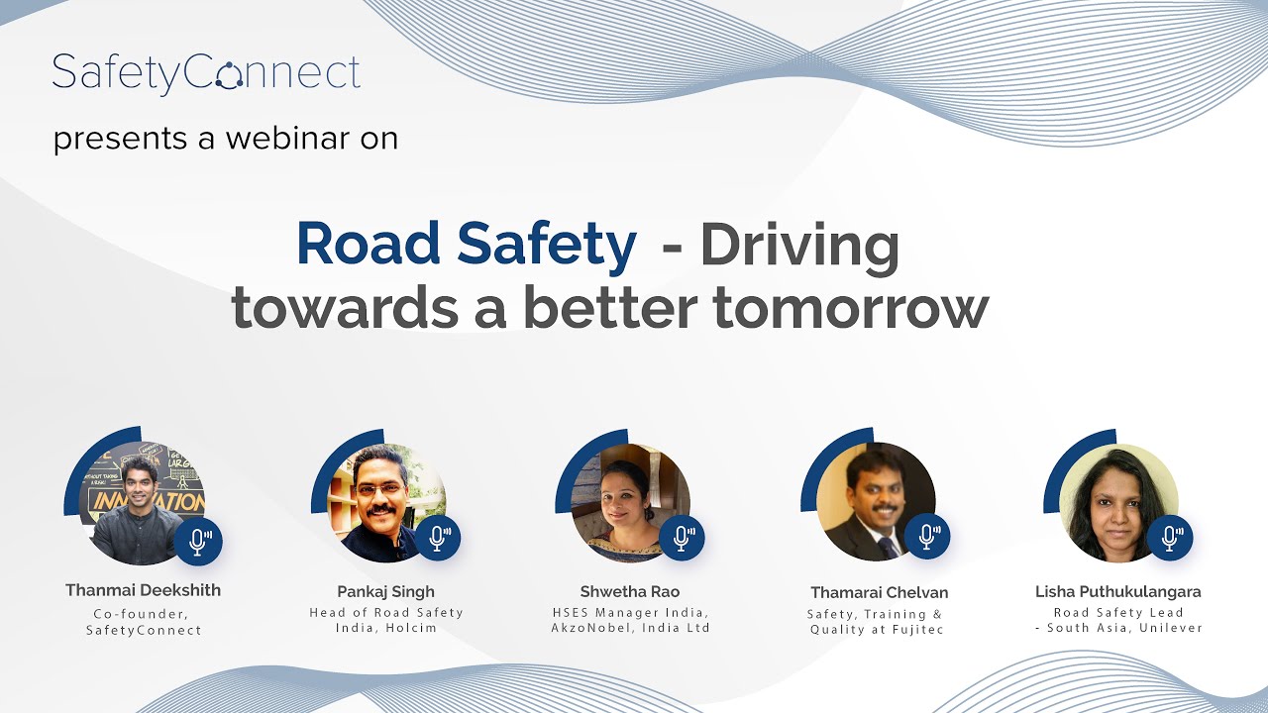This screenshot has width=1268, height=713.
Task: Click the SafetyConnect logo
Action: pyautogui.click(x=206, y=74)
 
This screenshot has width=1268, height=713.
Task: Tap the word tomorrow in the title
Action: pyautogui.click(x=850, y=308)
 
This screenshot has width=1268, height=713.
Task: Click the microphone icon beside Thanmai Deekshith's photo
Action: pyautogui.click(x=198, y=540)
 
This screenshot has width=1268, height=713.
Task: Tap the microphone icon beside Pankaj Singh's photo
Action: pyautogui.click(x=437, y=538)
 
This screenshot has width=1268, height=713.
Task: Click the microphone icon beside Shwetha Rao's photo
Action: pyautogui.click(x=682, y=538)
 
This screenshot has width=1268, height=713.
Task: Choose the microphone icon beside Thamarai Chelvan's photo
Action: pyautogui.click(x=927, y=537)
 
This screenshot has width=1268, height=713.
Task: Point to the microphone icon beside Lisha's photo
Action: pyautogui.click(x=1170, y=538)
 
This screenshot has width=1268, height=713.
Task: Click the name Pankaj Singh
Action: pyautogui.click(x=385, y=592)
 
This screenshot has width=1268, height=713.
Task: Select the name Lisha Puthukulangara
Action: pyautogui.click(x=1117, y=592)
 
